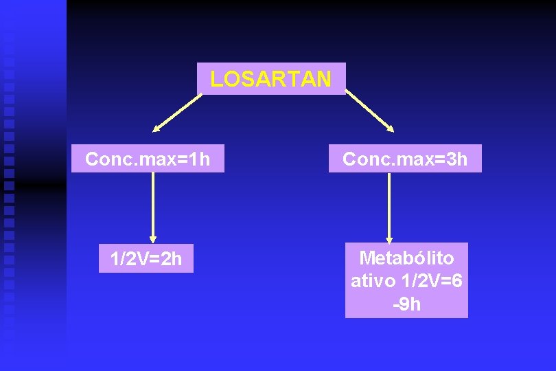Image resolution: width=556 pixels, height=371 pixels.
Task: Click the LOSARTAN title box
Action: click(270, 78)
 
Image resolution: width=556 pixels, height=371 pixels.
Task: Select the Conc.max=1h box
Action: click(148, 159)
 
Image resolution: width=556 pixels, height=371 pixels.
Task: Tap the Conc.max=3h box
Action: click(405, 159)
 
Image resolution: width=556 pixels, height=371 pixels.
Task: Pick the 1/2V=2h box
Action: click(146, 259)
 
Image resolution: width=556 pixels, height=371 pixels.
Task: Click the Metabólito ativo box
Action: click(406, 280)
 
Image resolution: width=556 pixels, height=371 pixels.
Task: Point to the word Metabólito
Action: click(406, 258)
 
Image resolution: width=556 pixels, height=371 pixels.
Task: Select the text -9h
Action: click(406, 304)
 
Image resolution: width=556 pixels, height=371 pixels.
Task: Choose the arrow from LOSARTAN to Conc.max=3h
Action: click(369, 110)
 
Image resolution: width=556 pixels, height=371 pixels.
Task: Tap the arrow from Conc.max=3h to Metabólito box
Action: click(390, 206)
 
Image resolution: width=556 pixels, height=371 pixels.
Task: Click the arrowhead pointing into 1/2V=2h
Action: click(153, 238)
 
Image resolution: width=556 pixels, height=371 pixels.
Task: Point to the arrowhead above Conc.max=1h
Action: click(157, 128)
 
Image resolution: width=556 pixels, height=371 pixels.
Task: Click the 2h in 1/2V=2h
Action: click(171, 259)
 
